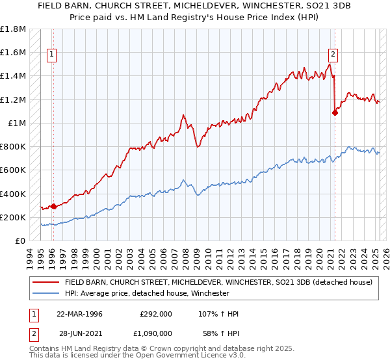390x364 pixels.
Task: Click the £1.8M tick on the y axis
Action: pyautogui.click(x=13, y=29)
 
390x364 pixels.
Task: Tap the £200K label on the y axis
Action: pyautogui.click(x=13, y=217)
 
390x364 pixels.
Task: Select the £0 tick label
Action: pyautogui.click(x=21, y=240)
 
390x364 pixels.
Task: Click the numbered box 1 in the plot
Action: pyautogui.click(x=51, y=55)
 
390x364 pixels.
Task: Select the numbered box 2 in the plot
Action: pyautogui.click(x=333, y=55)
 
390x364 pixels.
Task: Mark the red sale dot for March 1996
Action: pyautogui.click(x=54, y=206)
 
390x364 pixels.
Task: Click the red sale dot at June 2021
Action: pyautogui.click(x=335, y=112)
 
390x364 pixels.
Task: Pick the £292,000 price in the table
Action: pyautogui.click(x=155, y=314)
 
